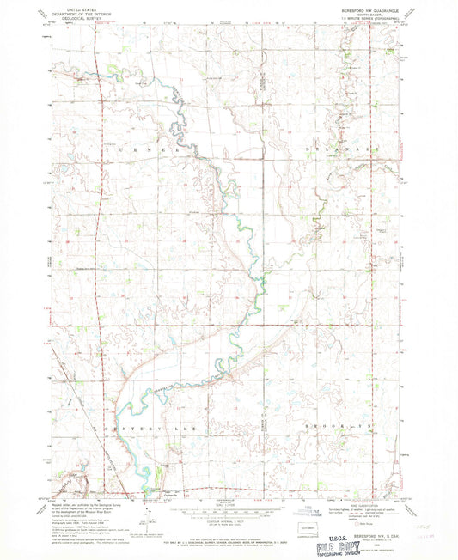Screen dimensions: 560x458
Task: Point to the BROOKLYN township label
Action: (x=330, y=426)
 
